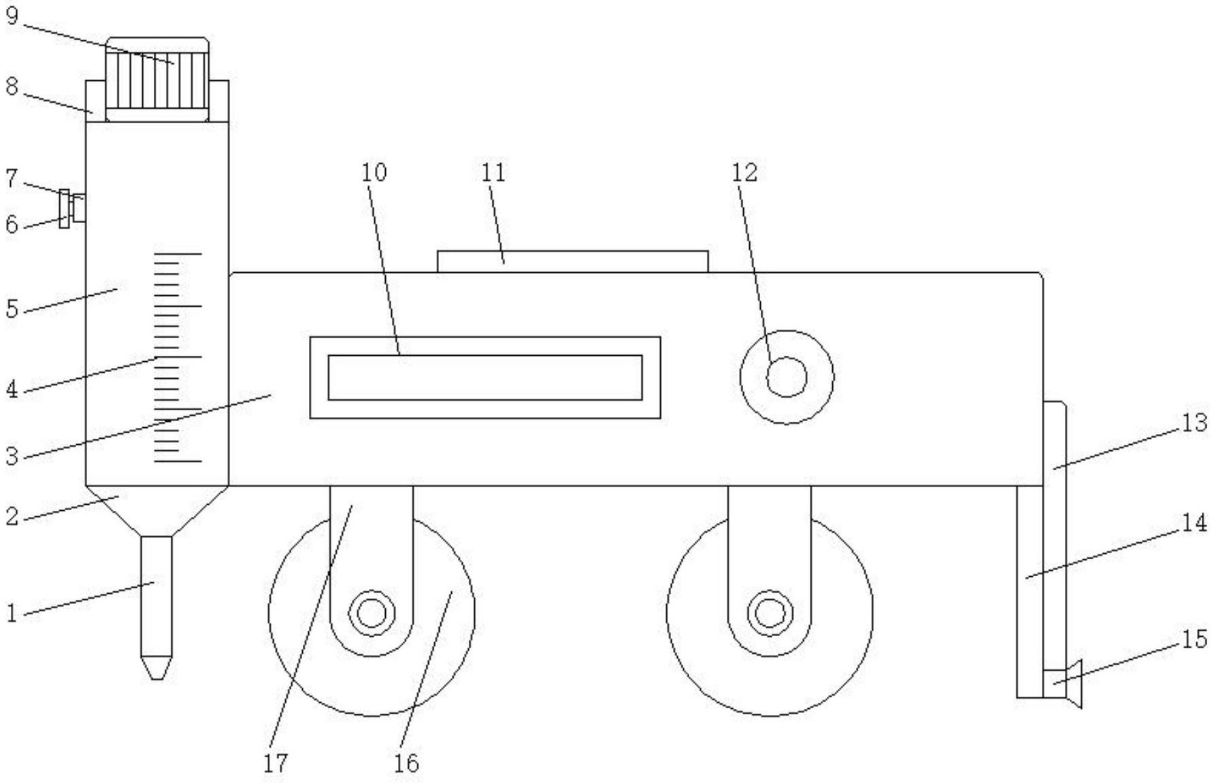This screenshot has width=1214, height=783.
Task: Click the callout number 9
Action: coord(12,15)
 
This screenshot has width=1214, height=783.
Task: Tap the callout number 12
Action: coord(744,173)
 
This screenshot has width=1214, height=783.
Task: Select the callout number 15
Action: coord(1194,639)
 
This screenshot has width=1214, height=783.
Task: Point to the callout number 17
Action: coord(276,763)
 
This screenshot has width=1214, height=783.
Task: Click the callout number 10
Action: coord(374,172)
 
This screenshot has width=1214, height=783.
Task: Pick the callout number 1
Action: coord(11,614)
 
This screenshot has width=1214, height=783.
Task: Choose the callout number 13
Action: coord(1194,423)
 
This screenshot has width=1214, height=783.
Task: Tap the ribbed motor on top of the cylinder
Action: coord(157,80)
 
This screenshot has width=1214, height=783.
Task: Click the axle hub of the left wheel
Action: coord(372,613)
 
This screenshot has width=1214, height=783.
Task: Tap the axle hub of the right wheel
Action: coord(770,613)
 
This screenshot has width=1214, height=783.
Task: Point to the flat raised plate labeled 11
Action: coord(572,261)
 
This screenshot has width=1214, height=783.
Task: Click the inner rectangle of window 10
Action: coord(485,378)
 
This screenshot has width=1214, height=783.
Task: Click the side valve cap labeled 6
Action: coord(65,210)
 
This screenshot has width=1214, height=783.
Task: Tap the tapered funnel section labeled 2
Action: coord(157,510)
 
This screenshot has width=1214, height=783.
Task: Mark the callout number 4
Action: coord(12,390)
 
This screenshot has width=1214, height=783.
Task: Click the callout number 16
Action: coord(406,763)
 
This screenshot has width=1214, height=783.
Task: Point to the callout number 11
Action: coord(493,173)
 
